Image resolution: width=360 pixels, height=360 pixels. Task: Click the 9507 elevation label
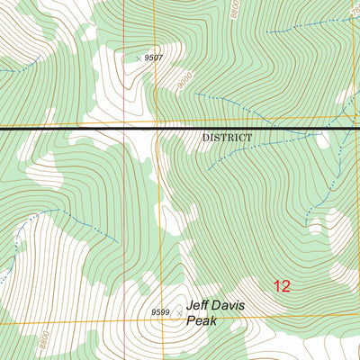(153, 58)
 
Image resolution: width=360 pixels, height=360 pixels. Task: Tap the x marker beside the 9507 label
(139, 58)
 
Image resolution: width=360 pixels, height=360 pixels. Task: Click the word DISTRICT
(227, 138)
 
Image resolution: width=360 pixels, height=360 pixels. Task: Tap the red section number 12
(282, 286)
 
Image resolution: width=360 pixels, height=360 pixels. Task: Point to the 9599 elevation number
(160, 312)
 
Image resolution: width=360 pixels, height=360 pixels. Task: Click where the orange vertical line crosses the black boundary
(160, 130)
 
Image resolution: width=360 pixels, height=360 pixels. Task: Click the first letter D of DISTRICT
(205, 138)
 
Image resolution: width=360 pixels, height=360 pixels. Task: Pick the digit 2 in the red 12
(286, 286)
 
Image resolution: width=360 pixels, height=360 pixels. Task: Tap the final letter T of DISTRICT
(249, 138)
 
